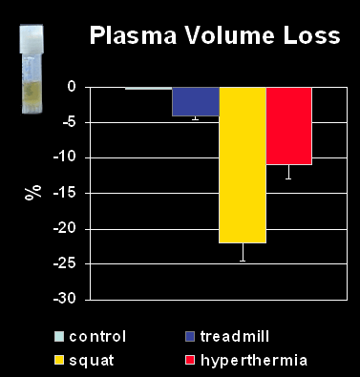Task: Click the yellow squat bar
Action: (243, 165)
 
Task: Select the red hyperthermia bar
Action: (288, 126)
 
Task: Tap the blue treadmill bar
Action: (196, 101)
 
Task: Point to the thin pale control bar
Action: (149, 88)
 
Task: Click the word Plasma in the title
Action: (133, 35)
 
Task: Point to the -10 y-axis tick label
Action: (64, 157)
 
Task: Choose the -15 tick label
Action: (64, 193)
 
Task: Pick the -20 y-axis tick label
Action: (64, 229)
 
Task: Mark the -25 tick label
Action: (64, 263)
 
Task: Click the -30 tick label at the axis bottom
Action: (64, 299)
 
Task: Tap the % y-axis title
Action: (33, 192)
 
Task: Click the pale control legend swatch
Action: (59, 337)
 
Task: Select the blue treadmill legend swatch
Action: (190, 337)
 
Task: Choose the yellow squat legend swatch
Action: (59, 361)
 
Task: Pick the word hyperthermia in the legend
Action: (254, 361)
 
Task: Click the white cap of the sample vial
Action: (32, 38)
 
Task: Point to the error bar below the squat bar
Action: (243, 252)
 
